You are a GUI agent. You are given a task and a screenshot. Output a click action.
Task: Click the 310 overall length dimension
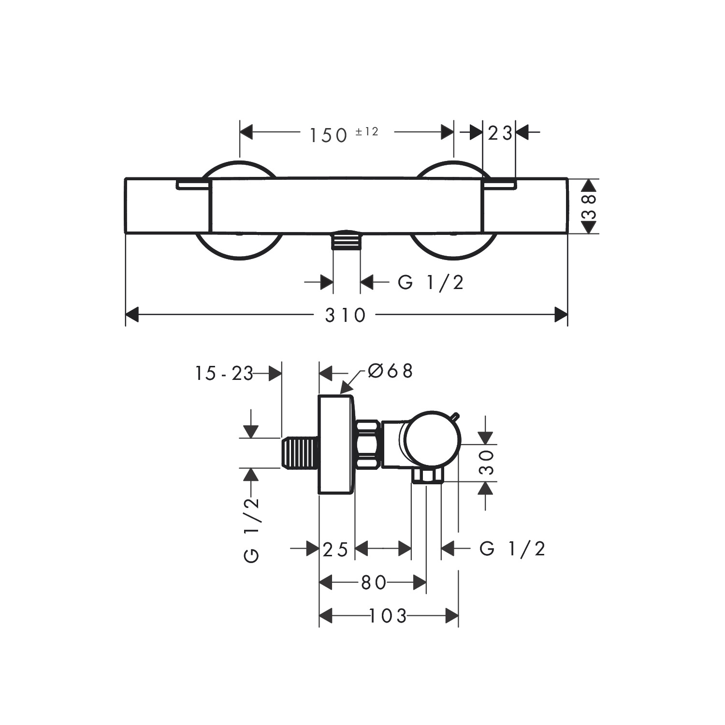tap(345, 315)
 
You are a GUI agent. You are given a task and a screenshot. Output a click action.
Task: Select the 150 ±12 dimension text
tap(343, 134)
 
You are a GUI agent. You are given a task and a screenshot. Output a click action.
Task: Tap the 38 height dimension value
tap(589, 206)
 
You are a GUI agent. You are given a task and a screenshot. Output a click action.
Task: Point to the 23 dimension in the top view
tap(499, 133)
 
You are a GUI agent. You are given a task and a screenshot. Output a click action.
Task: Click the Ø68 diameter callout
tap(390, 371)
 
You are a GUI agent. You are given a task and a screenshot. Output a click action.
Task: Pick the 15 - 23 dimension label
tap(224, 373)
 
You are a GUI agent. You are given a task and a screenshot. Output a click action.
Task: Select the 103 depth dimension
tap(388, 616)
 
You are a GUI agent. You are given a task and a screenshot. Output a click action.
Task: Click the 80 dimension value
tap(374, 582)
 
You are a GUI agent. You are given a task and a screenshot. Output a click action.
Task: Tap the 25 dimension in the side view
tap(335, 550)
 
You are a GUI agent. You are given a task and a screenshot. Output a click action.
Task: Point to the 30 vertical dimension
tap(488, 463)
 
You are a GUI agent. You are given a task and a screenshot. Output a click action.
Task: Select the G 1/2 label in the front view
tap(430, 282)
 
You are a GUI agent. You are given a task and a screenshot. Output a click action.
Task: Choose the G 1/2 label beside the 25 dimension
tap(512, 549)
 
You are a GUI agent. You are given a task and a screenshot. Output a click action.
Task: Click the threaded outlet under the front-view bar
tap(347, 240)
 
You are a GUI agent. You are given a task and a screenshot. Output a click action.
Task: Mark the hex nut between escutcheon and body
tap(368, 445)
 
